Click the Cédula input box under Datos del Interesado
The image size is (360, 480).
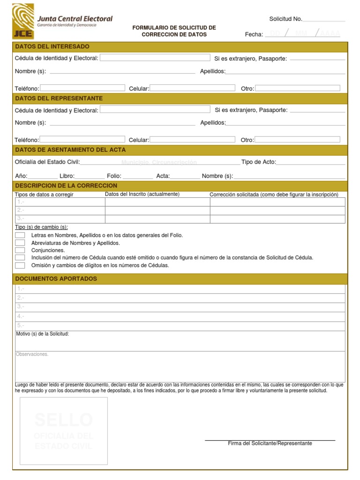tap(155, 58)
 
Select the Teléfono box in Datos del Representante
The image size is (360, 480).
tap(82, 139)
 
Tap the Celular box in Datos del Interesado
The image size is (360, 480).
tap(192, 88)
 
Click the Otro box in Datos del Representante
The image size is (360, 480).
tap(297, 139)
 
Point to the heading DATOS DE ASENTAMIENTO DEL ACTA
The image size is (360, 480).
tap(70, 150)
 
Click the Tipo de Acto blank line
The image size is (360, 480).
tap(310, 163)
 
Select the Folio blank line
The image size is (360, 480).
tap(137, 177)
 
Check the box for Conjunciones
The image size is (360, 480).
tap(20, 250)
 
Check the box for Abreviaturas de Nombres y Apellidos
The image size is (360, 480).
tap(20, 243)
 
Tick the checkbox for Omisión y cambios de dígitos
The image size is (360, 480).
tap(20, 265)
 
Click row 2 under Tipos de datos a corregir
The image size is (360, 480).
tap(60, 210)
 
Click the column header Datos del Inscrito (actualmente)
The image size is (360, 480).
tap(142, 194)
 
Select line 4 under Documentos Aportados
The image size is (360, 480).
tap(180, 316)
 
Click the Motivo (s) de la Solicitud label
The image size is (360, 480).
tap(42, 334)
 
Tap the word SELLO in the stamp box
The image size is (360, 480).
tap(63, 420)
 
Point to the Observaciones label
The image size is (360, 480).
tap(32, 354)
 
